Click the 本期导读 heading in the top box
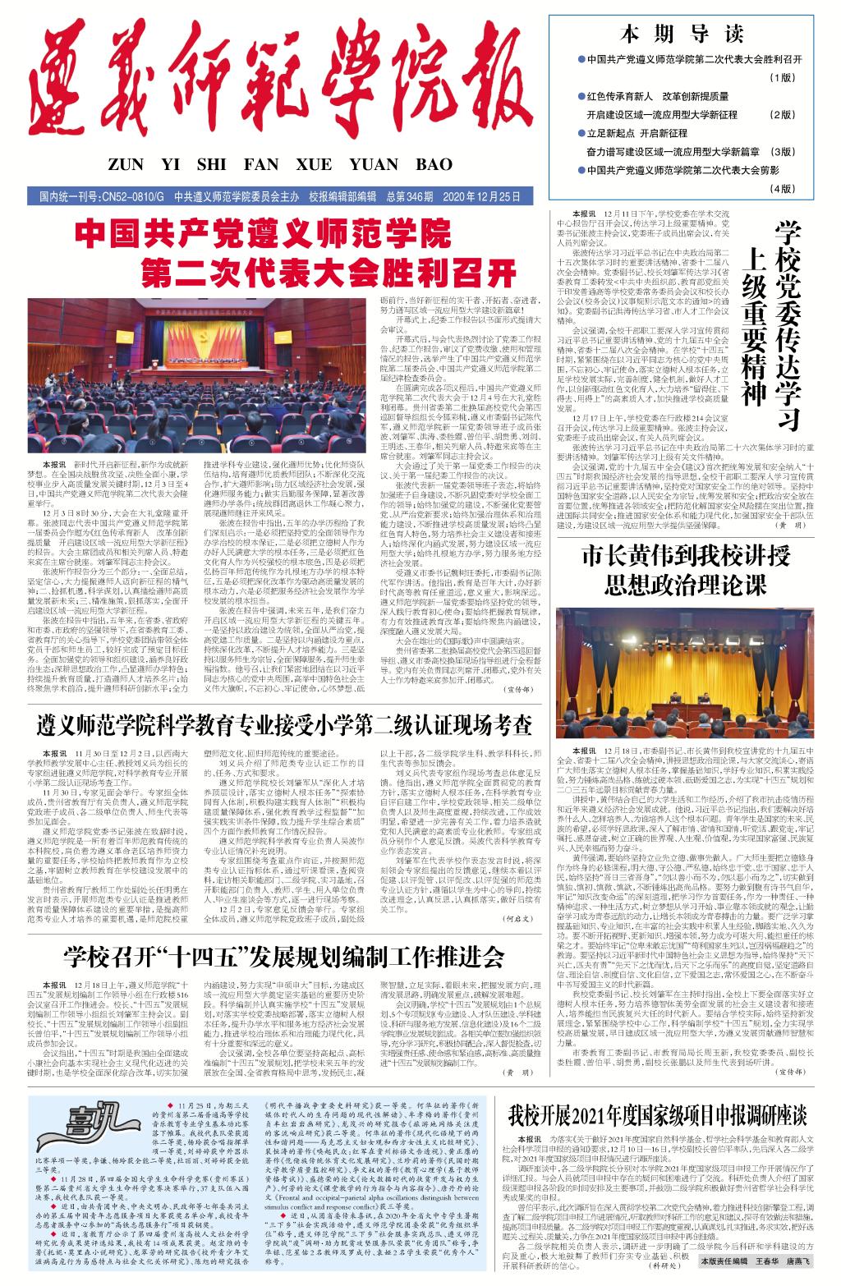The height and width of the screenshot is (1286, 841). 681,34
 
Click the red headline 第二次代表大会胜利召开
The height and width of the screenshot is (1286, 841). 328,271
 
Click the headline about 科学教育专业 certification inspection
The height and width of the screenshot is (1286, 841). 285,726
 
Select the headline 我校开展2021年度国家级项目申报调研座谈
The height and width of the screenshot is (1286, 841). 657,1115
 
